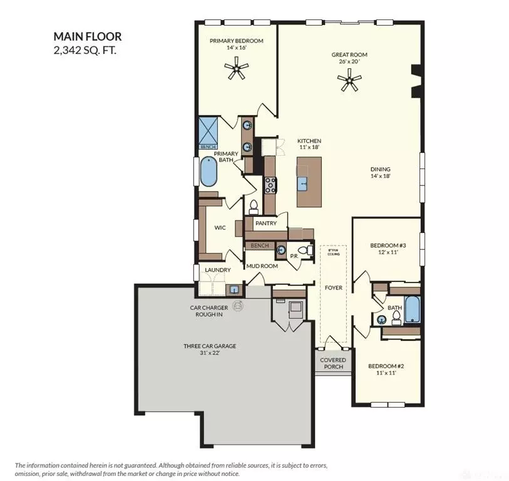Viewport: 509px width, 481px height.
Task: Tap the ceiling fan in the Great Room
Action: pos(349,80)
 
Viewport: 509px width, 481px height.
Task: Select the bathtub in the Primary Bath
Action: pos(208,171)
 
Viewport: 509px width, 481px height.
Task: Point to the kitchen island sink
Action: pos(303,183)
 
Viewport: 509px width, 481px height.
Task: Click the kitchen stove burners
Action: pos(271,185)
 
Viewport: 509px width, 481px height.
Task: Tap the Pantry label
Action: pos(265,224)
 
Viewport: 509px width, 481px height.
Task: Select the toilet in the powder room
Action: pos(304,251)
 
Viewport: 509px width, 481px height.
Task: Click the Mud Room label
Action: pos(261,266)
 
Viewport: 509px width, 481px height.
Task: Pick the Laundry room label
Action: pos(218,270)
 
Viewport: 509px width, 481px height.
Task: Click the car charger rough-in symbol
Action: pos(238,306)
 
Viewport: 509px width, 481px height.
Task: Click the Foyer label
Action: pos(333,287)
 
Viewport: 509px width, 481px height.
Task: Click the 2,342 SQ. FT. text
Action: pos(85,50)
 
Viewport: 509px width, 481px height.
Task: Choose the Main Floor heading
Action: pos(87,37)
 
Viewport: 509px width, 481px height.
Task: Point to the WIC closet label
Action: pos(220,228)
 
